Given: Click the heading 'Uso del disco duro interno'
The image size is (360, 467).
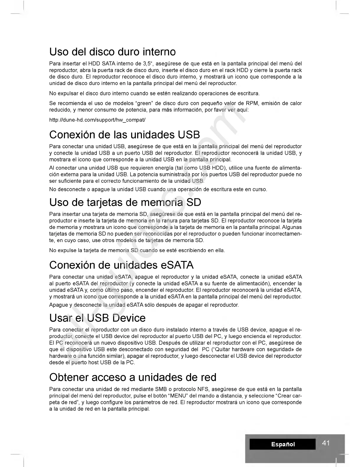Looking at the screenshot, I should coord(113,52).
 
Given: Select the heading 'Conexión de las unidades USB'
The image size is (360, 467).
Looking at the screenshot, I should coord(125,135).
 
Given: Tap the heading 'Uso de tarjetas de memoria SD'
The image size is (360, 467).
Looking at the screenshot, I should coord(125,203).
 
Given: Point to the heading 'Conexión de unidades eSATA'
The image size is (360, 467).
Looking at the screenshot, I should coord(121,265).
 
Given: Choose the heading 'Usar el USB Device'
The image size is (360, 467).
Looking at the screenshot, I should coord(97,318).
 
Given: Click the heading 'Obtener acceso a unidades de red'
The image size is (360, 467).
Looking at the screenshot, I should coord(133,377).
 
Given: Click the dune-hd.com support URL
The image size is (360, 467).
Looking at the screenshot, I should coord(97,120).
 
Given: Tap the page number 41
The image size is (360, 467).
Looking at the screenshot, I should coord(326,443).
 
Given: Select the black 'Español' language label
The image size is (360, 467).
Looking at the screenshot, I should coord(283,444).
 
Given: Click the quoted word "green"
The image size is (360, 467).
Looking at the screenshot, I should coord(143,103).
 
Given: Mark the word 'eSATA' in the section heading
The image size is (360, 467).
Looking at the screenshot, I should coord(177,265).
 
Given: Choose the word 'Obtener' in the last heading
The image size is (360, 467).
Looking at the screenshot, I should coord(70,377).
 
